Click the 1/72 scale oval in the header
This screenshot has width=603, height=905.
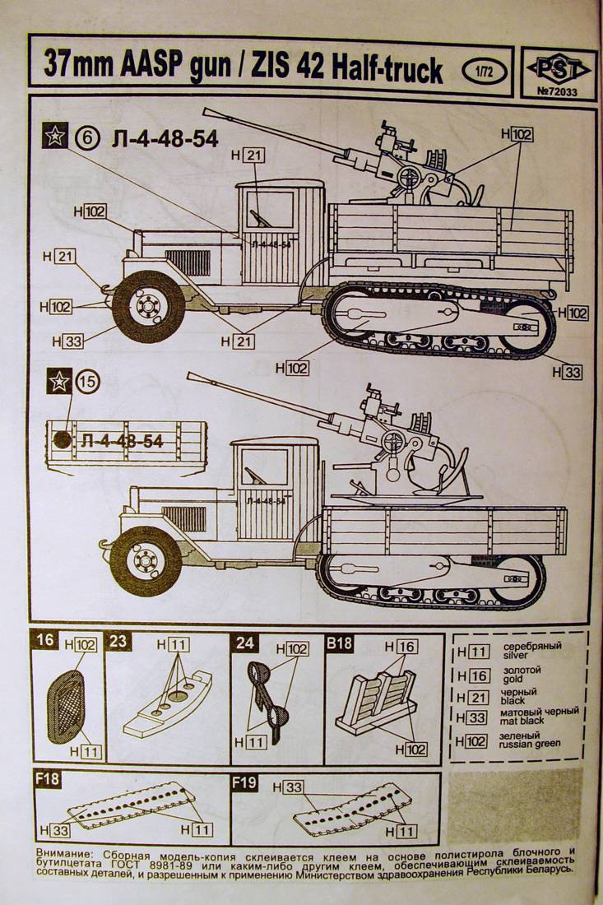483,68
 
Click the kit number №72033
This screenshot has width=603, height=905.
556,90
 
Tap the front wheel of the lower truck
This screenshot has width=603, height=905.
145,562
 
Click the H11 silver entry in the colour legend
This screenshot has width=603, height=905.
474,652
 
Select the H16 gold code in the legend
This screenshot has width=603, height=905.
474,675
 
